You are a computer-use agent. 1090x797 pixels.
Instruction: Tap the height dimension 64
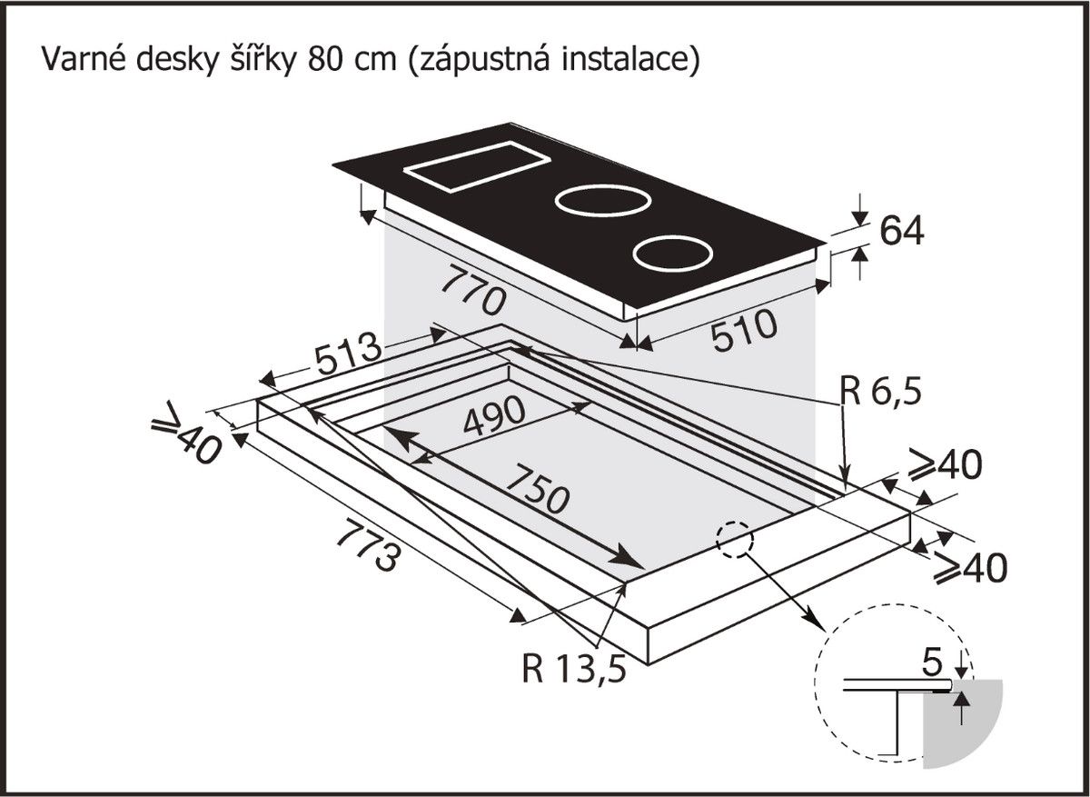click(x=901, y=231)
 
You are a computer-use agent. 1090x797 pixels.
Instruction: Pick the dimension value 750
click(x=537, y=489)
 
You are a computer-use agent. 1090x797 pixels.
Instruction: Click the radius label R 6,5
click(x=879, y=392)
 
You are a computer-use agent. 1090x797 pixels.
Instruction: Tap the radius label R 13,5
click(x=574, y=669)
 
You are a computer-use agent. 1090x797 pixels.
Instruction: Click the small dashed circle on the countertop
click(x=735, y=540)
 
